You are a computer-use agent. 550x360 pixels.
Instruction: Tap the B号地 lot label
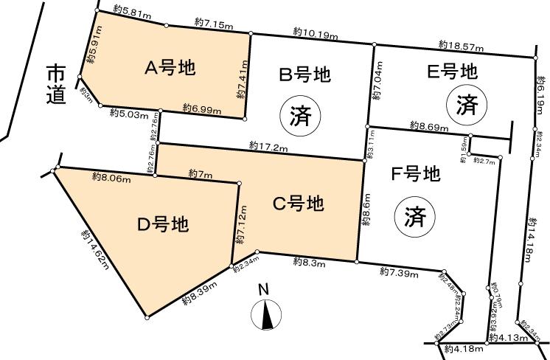304,74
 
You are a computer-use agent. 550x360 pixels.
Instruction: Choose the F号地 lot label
414,175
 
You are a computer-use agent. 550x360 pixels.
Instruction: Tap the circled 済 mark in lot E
466,105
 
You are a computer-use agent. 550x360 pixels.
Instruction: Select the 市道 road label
55,83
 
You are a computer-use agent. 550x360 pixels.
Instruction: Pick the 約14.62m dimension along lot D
94,248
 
